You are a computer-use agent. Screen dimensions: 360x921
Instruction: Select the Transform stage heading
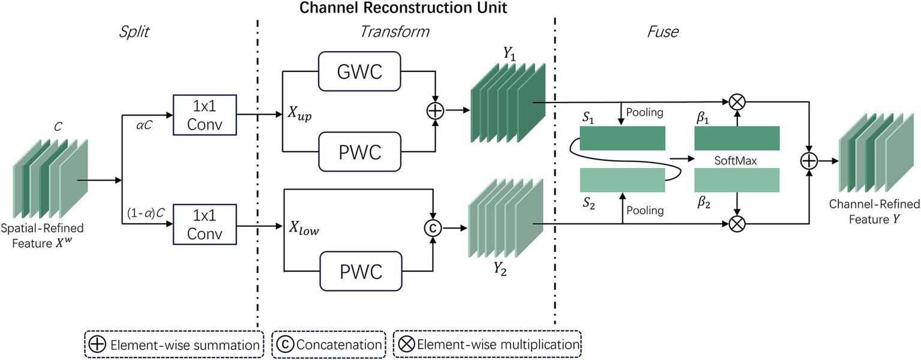(394, 32)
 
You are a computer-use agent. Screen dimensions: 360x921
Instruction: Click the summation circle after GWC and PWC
(433, 111)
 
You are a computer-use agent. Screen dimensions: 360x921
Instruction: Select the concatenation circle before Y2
(433, 228)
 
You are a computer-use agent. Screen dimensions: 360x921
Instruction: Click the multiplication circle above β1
(737, 101)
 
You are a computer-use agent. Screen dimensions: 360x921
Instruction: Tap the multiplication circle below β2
(737, 224)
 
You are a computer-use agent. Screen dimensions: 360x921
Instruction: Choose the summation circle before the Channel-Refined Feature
(810, 161)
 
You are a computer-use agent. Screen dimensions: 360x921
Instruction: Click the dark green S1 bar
(622, 138)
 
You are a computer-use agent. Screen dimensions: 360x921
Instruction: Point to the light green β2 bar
(736, 180)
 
